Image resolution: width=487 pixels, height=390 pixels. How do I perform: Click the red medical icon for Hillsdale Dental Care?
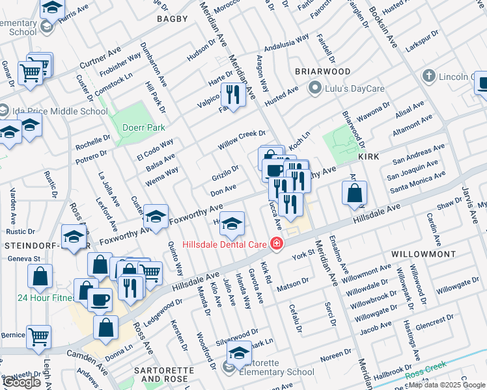click(x=277, y=244)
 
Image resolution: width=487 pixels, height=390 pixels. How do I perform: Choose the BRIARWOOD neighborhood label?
click(x=323, y=71)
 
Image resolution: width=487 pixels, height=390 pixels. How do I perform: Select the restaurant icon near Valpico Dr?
click(x=232, y=94)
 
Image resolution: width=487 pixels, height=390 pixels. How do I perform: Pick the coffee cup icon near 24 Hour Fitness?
click(x=100, y=299)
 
